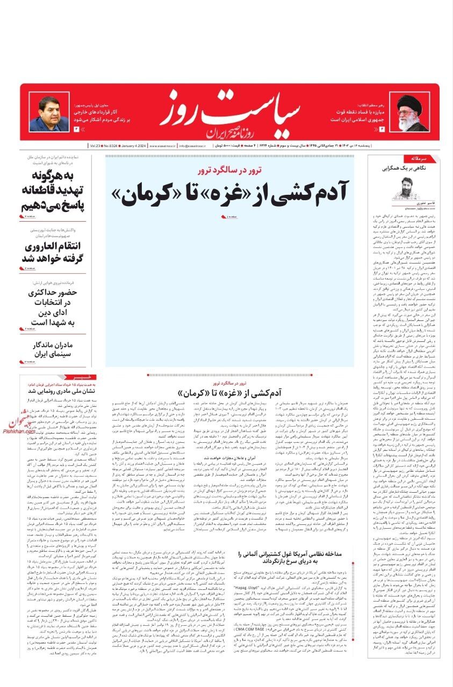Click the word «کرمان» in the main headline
147,193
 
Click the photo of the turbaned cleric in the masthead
411,115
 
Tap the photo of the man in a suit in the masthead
56,114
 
